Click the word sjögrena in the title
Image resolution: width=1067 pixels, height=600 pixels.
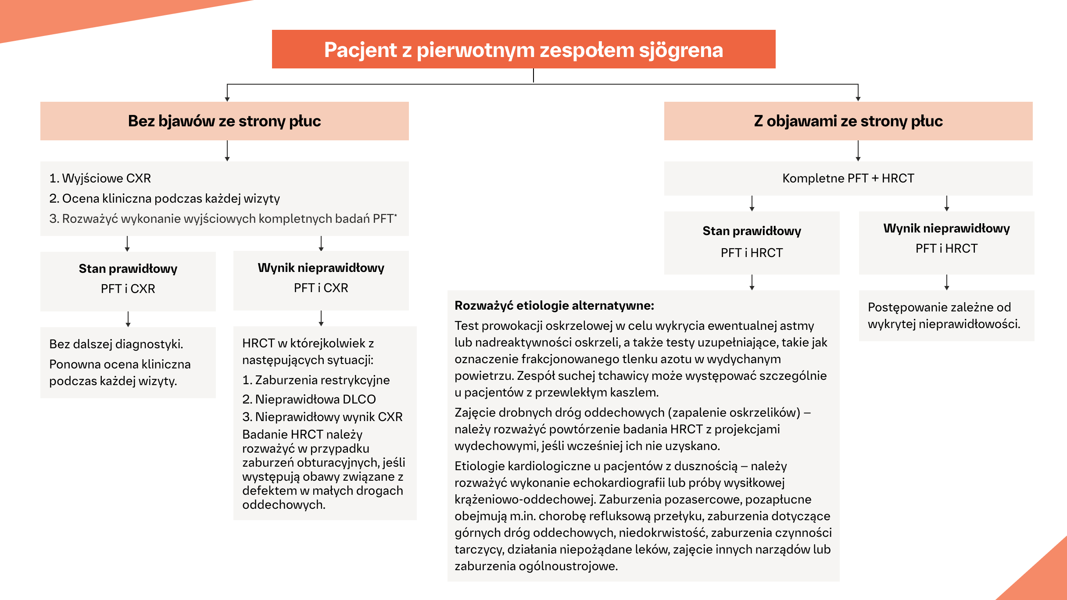[680, 50]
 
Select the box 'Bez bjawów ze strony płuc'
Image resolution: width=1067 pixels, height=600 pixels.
[224, 121]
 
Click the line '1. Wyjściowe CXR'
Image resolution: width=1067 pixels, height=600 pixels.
[100, 178]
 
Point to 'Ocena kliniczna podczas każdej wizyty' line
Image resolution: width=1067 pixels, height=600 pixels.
[171, 198]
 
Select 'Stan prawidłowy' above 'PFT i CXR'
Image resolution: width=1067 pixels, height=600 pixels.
[128, 268]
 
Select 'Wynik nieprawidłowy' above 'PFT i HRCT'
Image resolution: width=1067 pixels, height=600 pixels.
[946, 228]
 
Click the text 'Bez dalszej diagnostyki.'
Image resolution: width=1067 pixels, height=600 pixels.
[116, 344]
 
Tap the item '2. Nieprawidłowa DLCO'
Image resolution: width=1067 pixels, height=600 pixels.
[309, 399]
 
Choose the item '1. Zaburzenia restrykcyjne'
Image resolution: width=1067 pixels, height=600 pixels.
[316, 380]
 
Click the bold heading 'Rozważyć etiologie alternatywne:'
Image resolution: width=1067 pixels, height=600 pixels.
[554, 305]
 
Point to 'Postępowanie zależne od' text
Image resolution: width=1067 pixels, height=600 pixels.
[939, 307]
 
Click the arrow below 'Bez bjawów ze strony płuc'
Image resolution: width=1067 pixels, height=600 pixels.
[227, 150]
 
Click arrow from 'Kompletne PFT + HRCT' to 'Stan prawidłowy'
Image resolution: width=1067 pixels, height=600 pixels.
[752, 203]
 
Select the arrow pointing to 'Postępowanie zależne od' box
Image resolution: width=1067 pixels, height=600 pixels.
[946, 282]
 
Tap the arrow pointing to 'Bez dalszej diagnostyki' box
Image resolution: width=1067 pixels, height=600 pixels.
[128, 319]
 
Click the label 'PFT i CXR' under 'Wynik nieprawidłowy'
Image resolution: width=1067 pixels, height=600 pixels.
[321, 288]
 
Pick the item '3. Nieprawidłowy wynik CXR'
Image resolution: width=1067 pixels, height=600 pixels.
[322, 417]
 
